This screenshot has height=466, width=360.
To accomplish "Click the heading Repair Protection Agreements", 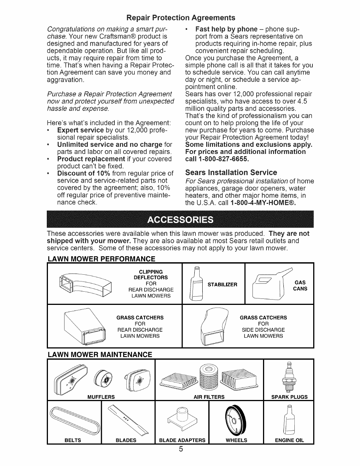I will coord(181,18).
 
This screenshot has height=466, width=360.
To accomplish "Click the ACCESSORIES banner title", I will coord(181,220).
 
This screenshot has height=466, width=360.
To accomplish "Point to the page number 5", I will coord(181,449).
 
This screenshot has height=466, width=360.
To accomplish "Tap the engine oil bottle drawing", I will coord(289,420).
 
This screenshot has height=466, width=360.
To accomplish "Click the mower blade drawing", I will coord(128,419).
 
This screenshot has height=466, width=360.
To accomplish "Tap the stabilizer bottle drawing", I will coord(196,285).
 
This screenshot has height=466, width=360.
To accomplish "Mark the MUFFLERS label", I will coord(101,397).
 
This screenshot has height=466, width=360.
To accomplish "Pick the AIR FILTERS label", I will coord(209,397).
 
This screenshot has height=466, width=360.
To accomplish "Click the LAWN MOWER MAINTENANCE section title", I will coord(100,355).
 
